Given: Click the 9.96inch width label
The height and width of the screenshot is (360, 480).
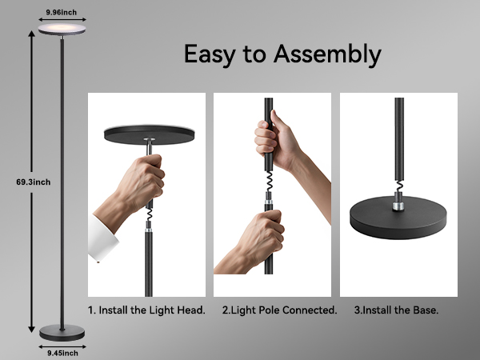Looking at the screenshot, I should coord(62,12).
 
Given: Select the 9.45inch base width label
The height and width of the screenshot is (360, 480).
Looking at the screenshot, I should coord(61,352).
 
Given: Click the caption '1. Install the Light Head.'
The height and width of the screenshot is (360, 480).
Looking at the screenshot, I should coord(146,310).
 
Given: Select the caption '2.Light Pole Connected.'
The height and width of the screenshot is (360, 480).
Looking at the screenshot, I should coord(279,310).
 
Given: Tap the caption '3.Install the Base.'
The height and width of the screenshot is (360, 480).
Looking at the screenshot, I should coord(397,310).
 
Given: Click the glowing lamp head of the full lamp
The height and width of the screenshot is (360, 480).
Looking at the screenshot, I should coord(62,28).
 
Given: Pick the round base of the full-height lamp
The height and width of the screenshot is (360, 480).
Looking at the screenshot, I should coord(62,331).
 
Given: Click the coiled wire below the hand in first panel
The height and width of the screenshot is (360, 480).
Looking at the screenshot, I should coord(149,216).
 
